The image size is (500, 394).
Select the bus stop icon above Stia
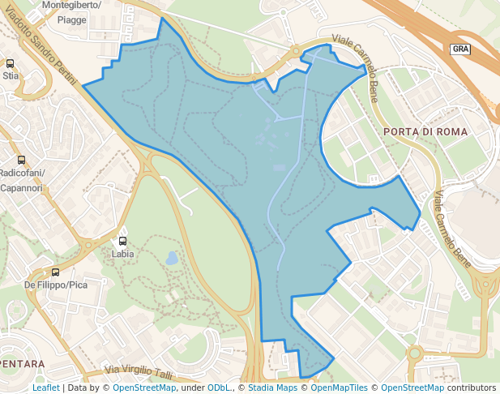(x=11, y=63)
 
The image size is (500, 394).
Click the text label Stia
(x=11, y=75)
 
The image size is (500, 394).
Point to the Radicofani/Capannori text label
(x=23, y=180)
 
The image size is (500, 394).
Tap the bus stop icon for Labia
(x=123, y=241)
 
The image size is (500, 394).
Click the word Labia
(x=123, y=253)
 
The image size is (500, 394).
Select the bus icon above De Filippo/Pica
(x=55, y=272)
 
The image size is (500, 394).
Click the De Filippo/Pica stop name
(x=55, y=285)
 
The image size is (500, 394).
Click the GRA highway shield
(x=460, y=49)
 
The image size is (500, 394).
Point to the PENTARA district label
(x=23, y=364)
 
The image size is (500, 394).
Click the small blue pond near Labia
(x=172, y=259)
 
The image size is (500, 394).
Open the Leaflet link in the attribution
(x=45, y=388)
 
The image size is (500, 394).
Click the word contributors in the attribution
(x=472, y=388)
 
